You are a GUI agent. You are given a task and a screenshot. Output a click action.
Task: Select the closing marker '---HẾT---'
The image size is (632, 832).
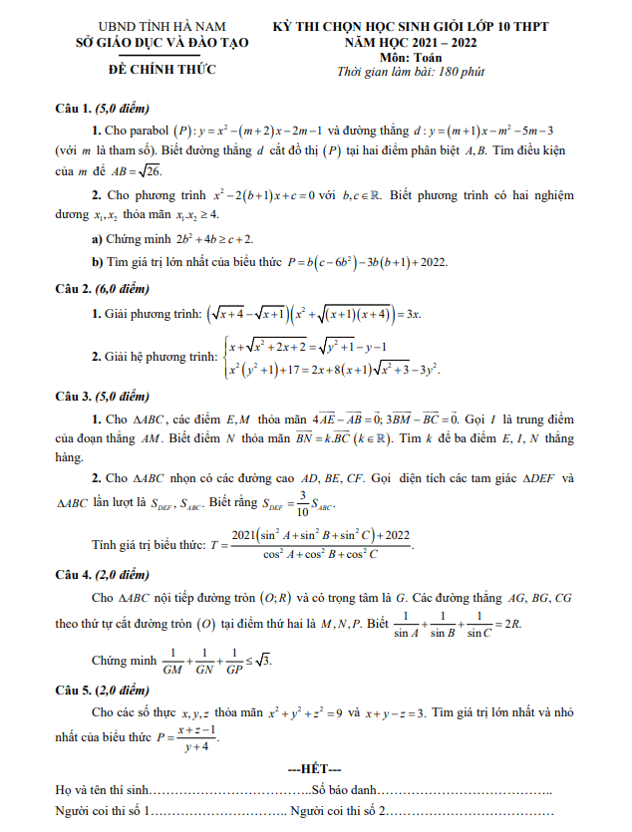pos(314,770)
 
